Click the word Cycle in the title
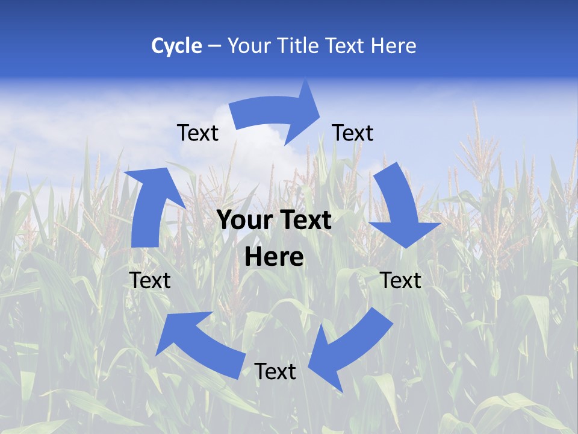(176, 46)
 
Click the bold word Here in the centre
(274, 257)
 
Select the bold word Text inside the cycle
(303, 221)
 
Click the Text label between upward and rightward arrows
(197, 133)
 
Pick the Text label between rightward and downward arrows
(353, 133)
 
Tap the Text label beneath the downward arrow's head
(401, 280)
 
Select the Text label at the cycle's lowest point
(275, 371)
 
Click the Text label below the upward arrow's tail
(150, 280)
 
